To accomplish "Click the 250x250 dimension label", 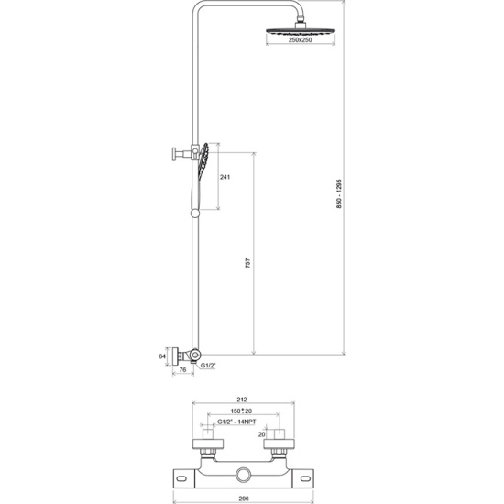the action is point(301,39).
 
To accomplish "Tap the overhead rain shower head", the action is point(301,31).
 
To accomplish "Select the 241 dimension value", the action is point(225,177).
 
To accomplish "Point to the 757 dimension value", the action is point(247,263).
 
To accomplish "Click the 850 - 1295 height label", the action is point(339,193).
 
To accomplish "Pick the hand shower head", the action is point(203,159).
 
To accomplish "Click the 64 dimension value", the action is point(162,356).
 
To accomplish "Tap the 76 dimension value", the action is point(182,369).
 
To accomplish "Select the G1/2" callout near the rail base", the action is point(208,366).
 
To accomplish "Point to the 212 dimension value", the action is point(242,400).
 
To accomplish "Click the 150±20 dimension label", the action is point(241,411).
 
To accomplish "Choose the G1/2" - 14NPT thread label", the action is point(236,422).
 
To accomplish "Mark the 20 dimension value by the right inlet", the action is point(262,434).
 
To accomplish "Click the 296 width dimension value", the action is point(244,499).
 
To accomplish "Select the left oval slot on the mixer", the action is point(181,479).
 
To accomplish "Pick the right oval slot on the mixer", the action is point(305,479).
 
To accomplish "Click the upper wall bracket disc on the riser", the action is point(174,154).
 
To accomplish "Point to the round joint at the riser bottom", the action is point(195,355).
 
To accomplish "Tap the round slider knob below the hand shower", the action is point(195,214).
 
